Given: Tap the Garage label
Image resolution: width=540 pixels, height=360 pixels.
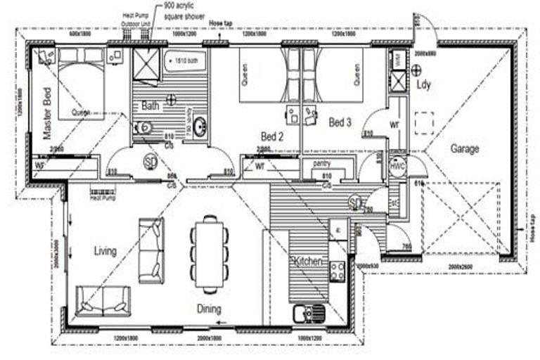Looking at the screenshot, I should click(465, 148).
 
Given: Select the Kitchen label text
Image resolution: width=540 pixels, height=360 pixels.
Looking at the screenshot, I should click(308, 262).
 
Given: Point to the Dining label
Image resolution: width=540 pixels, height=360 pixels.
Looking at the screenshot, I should click(209, 309).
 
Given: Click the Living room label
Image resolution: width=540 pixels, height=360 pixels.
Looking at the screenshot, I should click(103, 251).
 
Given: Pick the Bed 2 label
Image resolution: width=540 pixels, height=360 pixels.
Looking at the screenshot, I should click(271, 136).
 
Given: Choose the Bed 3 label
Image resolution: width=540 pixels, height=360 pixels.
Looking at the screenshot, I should click(340, 122).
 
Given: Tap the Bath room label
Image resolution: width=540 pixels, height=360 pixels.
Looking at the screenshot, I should click(150, 106).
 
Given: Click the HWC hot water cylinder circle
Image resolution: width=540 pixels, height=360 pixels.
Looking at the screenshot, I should click(397, 168).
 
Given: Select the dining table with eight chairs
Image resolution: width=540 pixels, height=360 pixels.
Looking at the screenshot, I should click(209, 252).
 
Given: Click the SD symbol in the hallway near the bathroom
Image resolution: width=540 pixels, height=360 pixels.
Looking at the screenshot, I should click(150, 161).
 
